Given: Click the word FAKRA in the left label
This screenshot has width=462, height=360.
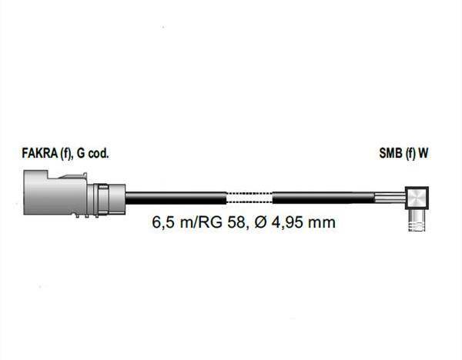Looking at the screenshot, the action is coord(40,153).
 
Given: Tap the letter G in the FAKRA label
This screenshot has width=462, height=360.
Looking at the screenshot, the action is coord(81,153).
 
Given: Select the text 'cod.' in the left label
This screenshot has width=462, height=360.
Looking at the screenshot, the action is coord(99,153).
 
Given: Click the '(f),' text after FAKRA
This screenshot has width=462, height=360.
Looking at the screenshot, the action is coord(67,154).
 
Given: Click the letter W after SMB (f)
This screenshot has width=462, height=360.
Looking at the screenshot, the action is coord(423,153).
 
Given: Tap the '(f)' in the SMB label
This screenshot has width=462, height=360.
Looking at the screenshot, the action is coord(410,154).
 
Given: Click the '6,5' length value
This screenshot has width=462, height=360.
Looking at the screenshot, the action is coord(163,222).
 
